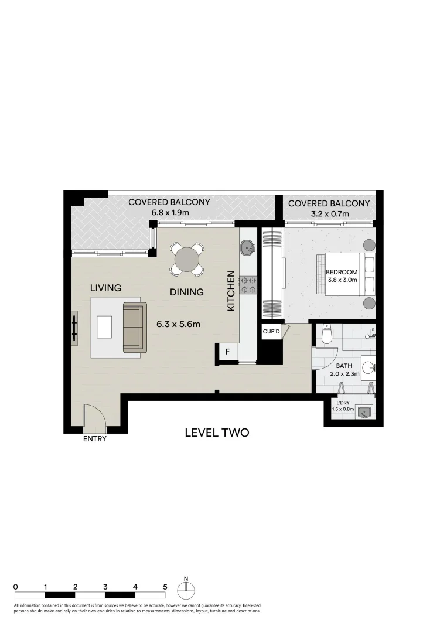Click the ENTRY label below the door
[94, 439]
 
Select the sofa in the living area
[133, 328]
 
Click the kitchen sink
[247, 248]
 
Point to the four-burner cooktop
[248, 284]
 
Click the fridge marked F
[227, 352]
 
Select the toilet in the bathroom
[327, 335]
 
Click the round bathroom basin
[367, 368]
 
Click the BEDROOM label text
[342, 272]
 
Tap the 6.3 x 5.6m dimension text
[179, 324]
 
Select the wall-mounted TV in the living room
[74, 328]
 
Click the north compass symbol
[186, 589]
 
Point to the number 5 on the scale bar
[165, 586]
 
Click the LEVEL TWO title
[217, 433]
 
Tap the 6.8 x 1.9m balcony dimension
[169, 213]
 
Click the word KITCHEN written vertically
[231, 291]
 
